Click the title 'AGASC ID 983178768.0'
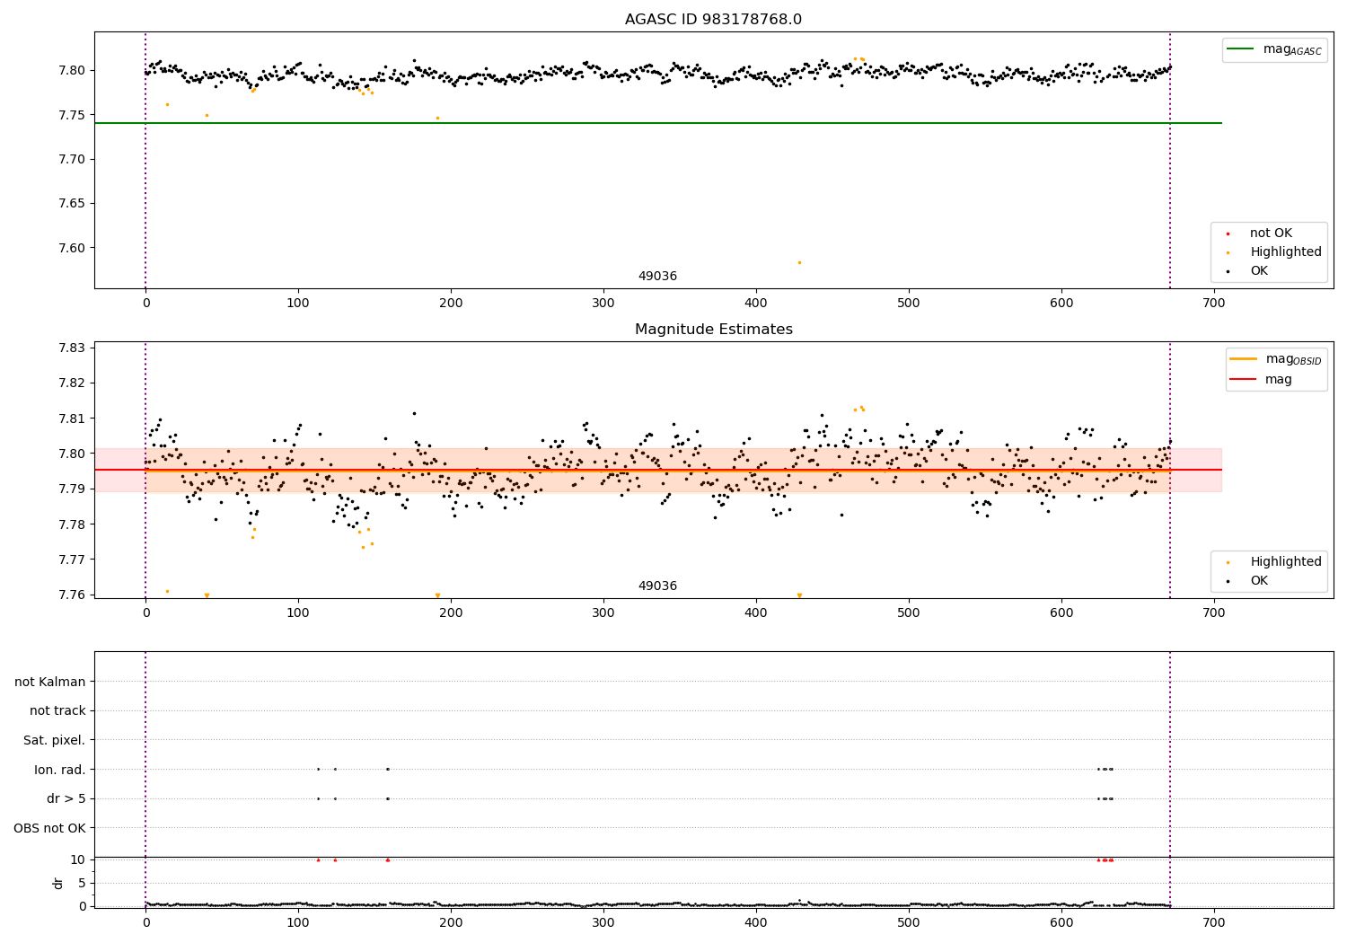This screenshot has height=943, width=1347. coord(713,20)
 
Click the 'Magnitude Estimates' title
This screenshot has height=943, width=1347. coord(713,330)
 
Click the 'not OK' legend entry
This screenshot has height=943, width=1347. coord(1270,234)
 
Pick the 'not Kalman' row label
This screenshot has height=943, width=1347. coord(50,682)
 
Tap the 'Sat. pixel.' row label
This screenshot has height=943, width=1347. coord(55,740)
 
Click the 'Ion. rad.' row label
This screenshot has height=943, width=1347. coord(60,770)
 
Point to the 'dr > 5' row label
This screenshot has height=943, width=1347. coord(66,798)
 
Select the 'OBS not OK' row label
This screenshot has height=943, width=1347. coord(50,828)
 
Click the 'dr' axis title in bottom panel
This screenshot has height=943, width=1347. coord(58,883)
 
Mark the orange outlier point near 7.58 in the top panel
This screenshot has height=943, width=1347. coord(799,262)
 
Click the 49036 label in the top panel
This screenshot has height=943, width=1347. coord(657,277)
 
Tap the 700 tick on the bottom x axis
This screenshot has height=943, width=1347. coord(1213,921)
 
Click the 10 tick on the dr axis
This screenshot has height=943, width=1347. coord(78,859)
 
